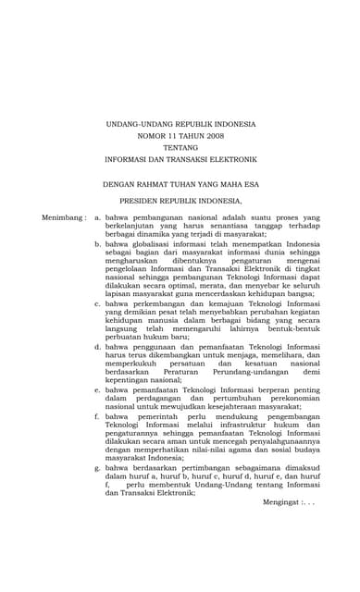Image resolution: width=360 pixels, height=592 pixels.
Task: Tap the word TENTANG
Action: (x=180, y=148)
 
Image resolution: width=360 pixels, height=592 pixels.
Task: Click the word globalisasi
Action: (x=147, y=244)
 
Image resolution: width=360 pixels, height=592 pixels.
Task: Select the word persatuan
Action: (x=189, y=364)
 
